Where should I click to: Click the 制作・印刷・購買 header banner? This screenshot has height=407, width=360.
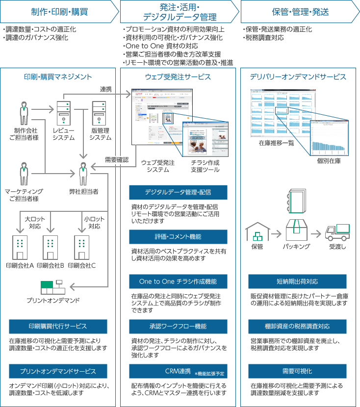click(59, 11)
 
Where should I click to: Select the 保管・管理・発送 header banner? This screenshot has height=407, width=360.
click(300, 11)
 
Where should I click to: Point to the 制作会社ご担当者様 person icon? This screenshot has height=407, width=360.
click(24, 113)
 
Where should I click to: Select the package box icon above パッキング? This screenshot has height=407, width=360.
click(297, 228)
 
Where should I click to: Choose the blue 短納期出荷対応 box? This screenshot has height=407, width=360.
click(297, 281)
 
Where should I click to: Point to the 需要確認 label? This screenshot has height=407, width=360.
click(117, 160)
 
